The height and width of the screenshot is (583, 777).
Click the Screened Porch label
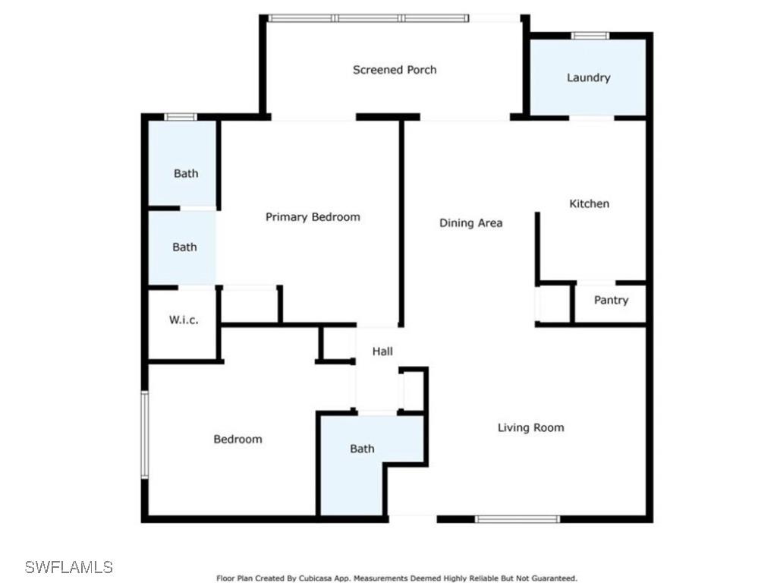click(395, 70)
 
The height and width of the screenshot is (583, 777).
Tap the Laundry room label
click(588, 77)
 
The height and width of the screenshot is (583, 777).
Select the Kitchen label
click(590, 203)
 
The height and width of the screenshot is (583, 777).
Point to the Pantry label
click(611, 301)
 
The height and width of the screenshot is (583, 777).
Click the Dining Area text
click(470, 223)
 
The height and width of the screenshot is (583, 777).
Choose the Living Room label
click(530, 427)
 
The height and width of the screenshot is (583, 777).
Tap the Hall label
click(382, 351)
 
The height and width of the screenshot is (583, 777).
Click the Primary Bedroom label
click(313, 217)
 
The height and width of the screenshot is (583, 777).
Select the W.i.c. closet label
click(184, 320)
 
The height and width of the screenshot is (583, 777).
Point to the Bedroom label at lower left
click(238, 439)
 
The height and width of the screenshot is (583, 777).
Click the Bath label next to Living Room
click(362, 449)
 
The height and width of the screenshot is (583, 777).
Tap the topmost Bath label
click(186, 173)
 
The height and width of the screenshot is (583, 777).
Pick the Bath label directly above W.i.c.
click(184, 247)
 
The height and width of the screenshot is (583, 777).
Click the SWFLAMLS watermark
click(68, 567)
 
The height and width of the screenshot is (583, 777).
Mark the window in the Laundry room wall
click(590, 35)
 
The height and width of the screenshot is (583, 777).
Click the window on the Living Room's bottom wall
click(517, 519)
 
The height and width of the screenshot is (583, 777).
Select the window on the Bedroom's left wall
click(144, 434)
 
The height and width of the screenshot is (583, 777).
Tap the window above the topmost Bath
click(181, 117)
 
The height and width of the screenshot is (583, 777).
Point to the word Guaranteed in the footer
click(556, 578)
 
